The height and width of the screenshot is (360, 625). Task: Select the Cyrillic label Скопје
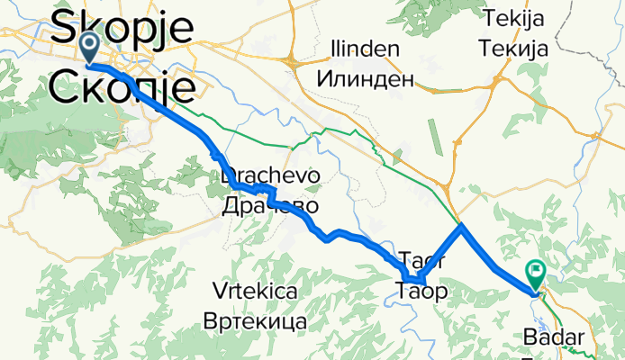pyautogui.click(x=122, y=87)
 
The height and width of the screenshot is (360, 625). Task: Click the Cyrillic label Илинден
pyautogui.click(x=365, y=79)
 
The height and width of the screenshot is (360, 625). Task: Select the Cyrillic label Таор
pyautogui.click(x=421, y=290)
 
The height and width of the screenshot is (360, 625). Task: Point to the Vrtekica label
pyautogui.click(x=256, y=291)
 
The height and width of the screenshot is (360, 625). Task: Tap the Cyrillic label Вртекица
pyautogui.click(x=256, y=320)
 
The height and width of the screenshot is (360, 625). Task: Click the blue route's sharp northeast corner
pyautogui.click(x=462, y=227)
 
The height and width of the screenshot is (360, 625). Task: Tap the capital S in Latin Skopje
pyautogui.click(x=68, y=30)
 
